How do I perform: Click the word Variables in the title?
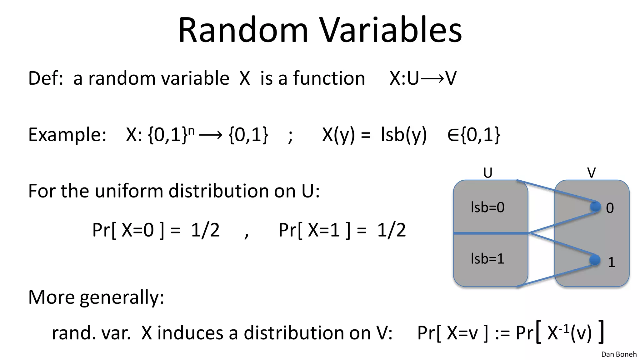click(x=391, y=30)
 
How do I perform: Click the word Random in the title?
click(x=243, y=30)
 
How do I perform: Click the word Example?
click(x=67, y=135)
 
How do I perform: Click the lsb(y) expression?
click(x=404, y=135)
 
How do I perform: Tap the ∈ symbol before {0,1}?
click(x=453, y=135)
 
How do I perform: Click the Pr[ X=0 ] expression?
click(x=128, y=230)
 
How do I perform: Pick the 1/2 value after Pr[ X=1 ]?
click(x=391, y=230)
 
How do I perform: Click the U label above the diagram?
click(x=488, y=173)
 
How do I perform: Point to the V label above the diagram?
click(x=591, y=173)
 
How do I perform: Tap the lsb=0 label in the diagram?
click(x=487, y=207)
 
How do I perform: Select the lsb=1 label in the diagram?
click(x=487, y=259)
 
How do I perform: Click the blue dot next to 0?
click(x=595, y=207)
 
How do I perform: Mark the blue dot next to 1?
click(x=595, y=260)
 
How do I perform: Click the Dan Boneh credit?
click(x=619, y=354)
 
